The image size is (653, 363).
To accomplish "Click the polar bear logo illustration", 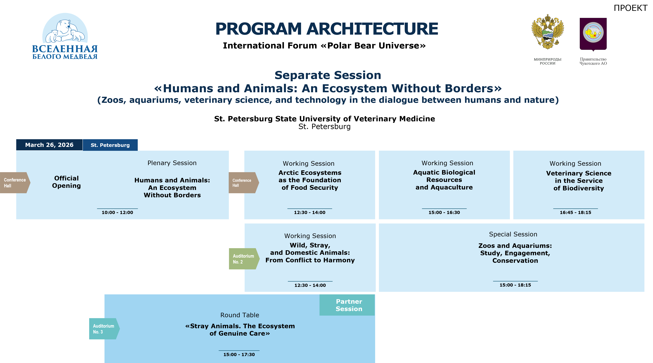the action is click(x=65, y=28).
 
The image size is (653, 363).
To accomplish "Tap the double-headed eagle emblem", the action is click(x=548, y=32).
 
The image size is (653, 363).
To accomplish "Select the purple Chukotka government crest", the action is click(x=593, y=34).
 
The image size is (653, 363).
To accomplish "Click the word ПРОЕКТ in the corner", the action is click(x=630, y=8).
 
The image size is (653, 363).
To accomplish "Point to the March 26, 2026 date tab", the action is click(x=49, y=145).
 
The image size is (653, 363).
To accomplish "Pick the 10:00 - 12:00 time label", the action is click(x=117, y=213).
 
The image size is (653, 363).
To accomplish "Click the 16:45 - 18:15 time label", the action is click(x=575, y=213).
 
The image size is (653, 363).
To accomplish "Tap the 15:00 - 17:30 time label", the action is click(x=239, y=355).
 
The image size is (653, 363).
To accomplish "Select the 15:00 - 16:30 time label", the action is click(x=444, y=213).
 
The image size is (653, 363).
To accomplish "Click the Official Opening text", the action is click(x=66, y=182).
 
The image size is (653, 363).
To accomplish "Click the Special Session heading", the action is click(x=513, y=234).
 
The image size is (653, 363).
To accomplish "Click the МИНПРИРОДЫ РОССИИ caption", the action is click(x=548, y=61).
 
